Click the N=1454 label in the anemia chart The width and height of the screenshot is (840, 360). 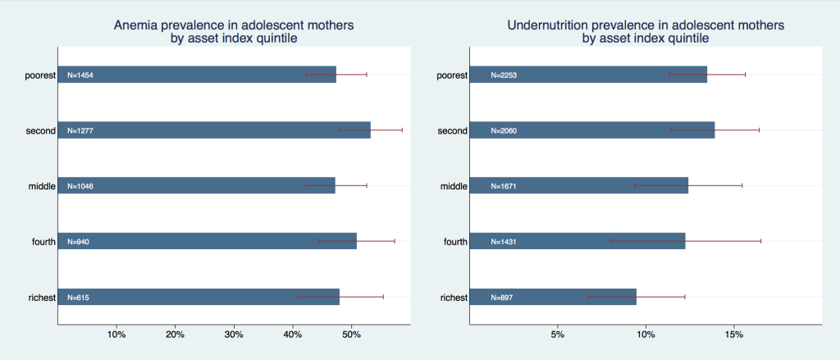(80, 75)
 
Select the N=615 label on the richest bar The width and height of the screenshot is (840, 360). (78, 298)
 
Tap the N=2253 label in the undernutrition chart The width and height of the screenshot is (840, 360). (504, 75)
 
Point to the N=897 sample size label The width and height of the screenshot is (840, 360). (501, 298)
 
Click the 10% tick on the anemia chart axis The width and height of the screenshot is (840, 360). (116, 335)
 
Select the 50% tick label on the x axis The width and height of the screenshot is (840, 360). (351, 335)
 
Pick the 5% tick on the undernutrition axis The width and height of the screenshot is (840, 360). (558, 335)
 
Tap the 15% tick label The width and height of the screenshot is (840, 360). (734, 335)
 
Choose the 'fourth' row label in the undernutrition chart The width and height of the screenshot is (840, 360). (456, 242)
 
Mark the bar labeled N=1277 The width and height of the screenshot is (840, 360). (214, 130)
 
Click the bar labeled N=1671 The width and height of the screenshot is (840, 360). (579, 186)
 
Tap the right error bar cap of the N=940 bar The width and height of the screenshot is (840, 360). (395, 242)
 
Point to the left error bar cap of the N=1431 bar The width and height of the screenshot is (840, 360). (610, 242)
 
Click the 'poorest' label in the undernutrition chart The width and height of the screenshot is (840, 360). (453, 75)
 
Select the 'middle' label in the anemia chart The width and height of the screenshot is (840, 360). (43, 186)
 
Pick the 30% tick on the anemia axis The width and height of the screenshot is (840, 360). (234, 335)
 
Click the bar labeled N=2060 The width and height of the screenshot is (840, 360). (592, 130)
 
